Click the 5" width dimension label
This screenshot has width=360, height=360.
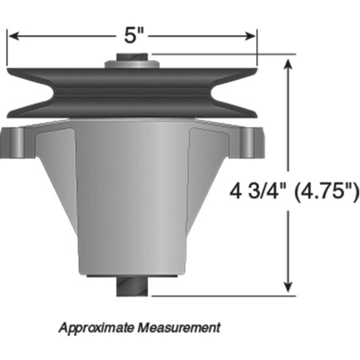point(133,35)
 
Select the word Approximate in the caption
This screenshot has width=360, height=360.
point(97,327)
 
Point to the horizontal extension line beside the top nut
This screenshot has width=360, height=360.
point(216,55)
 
